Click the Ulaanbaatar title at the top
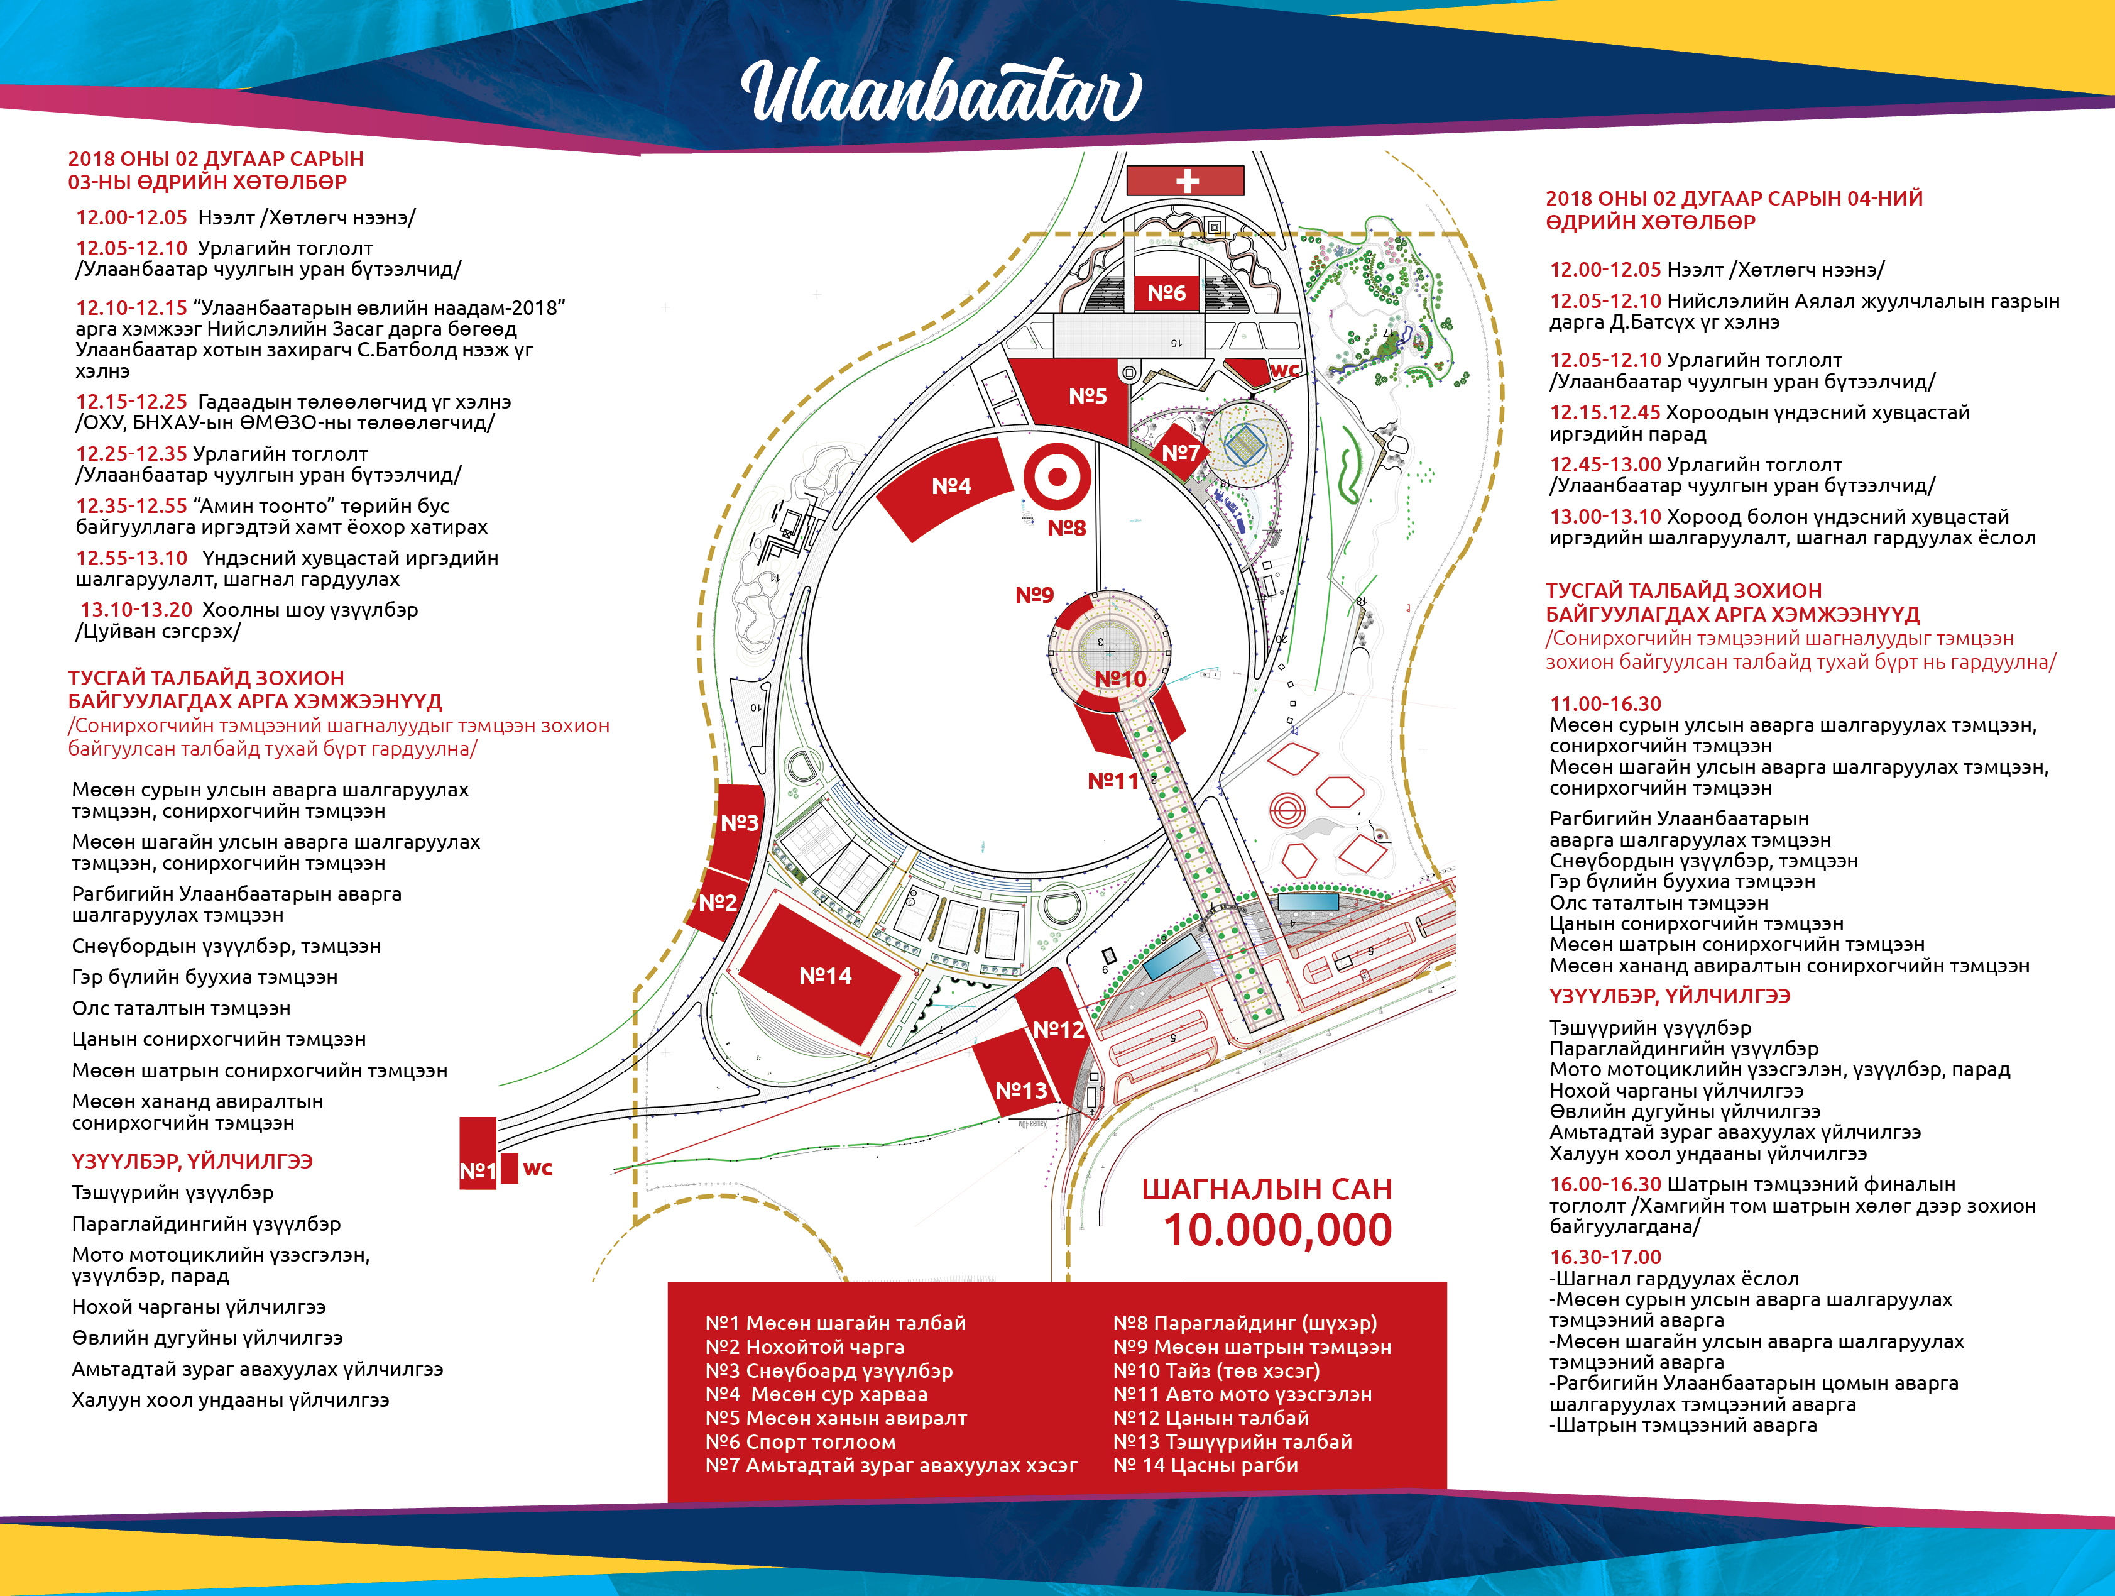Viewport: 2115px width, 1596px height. click(941, 92)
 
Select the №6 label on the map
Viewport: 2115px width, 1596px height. click(1166, 294)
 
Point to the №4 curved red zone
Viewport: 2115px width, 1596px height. click(946, 488)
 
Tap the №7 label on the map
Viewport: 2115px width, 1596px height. click(1180, 453)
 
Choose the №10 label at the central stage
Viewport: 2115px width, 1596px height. click(1120, 679)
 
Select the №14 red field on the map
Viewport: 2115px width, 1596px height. click(823, 974)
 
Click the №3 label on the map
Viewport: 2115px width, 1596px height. click(739, 822)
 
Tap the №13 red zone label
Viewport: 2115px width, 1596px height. click(1021, 1090)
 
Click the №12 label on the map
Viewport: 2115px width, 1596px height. click(1059, 1030)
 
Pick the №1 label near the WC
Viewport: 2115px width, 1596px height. click(477, 1170)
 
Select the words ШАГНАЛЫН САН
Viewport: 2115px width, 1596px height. click(1267, 1189)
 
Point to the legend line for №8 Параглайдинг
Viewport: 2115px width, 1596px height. click(1245, 1323)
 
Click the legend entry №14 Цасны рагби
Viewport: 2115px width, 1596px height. click(1206, 1465)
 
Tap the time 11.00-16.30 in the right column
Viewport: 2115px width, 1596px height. click(1605, 704)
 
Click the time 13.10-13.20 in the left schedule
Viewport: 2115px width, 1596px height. click(136, 610)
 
